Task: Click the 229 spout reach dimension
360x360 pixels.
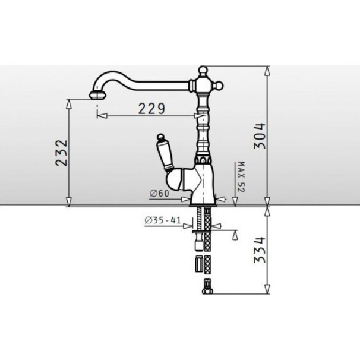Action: coord(151,109)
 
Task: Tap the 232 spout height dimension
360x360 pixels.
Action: coord(62,153)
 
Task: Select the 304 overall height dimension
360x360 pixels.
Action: coord(259,136)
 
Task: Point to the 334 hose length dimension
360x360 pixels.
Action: coord(260,250)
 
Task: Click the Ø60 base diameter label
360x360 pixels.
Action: coord(159,194)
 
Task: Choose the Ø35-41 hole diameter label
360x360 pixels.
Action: coord(163,220)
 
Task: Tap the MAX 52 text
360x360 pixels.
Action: coord(241,177)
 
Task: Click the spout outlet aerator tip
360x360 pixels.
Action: coord(97,95)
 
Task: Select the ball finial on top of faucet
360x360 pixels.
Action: coord(203,70)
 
